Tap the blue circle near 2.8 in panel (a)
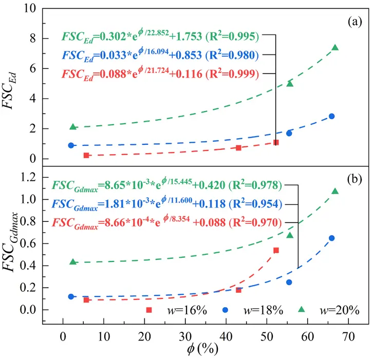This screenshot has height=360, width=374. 331,117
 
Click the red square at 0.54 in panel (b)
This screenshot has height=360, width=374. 276,250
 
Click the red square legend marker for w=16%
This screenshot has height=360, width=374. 149,310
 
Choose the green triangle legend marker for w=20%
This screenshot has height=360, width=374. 302,310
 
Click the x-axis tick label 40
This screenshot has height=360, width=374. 226,337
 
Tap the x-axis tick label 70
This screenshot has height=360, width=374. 348,337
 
